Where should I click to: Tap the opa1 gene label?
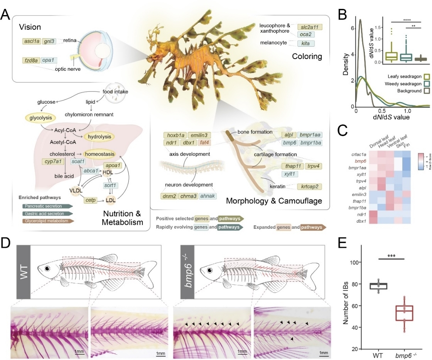coord(48,60)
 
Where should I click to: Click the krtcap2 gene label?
coord(309,187)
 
